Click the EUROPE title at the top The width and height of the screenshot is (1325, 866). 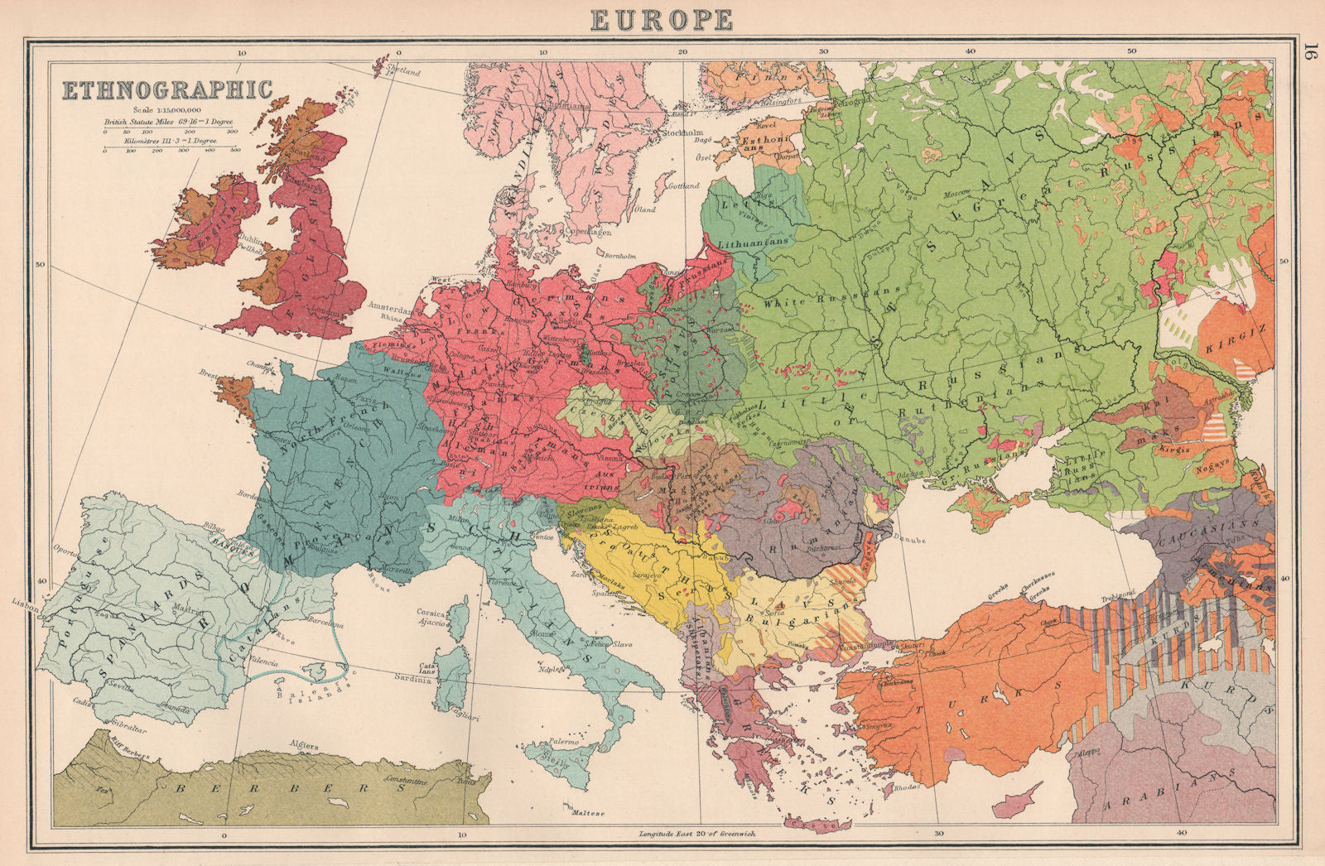pyautogui.click(x=661, y=18)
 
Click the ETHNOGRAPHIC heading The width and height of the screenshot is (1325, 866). pyautogui.click(x=168, y=89)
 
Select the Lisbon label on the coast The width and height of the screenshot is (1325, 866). pyautogui.click(x=26, y=605)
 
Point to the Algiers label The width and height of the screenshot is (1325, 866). pyautogui.click(x=302, y=745)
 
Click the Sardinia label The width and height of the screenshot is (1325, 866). pyautogui.click(x=415, y=681)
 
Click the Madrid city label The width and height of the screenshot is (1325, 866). pyautogui.click(x=187, y=609)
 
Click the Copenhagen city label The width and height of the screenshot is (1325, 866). pyautogui.click(x=587, y=233)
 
